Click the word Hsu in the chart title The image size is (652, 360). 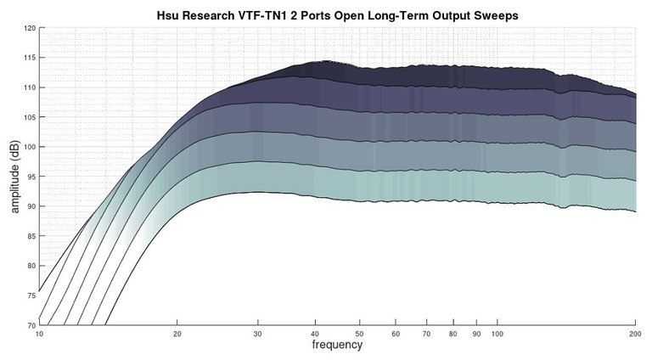[x=169, y=15]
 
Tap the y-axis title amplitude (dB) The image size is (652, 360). [x=14, y=177]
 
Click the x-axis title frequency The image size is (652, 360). [x=337, y=346]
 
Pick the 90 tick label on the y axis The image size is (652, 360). [x=30, y=206]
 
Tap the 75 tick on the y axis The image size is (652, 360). [x=30, y=295]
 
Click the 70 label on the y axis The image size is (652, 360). [x=30, y=325]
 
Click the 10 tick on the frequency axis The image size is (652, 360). [x=39, y=334]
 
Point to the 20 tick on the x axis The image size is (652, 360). [x=177, y=334]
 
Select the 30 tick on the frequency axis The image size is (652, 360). [x=257, y=334]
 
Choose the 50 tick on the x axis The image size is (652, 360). [x=359, y=334]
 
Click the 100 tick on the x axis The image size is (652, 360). [x=497, y=334]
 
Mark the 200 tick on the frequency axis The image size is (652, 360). [x=635, y=334]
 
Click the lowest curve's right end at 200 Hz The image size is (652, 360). [x=635, y=211]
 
